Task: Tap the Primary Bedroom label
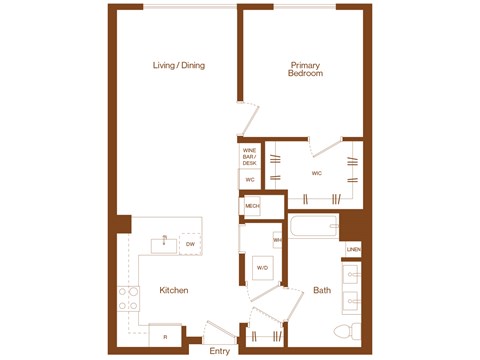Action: point(304,69)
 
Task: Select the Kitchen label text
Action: point(174,290)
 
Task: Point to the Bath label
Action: point(322,290)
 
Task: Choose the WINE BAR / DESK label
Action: point(249,156)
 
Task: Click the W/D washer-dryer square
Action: point(263,268)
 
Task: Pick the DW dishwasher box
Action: point(189,243)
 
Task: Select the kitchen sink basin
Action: point(162,243)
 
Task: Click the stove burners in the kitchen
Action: point(129,297)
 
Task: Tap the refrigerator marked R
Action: point(164,337)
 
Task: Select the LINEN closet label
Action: point(353,249)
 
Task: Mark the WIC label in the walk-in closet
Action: point(316,173)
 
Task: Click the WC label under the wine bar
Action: point(249,179)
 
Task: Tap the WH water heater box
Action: point(277,241)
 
